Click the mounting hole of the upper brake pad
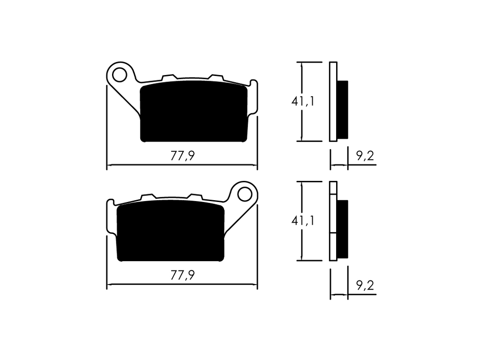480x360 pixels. click(x=120, y=75)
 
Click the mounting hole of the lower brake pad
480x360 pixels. click(x=245, y=194)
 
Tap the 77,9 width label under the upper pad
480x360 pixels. click(x=182, y=156)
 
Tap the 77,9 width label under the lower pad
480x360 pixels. click(x=182, y=276)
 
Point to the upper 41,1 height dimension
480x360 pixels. click(x=303, y=101)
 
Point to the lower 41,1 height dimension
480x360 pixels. click(x=303, y=221)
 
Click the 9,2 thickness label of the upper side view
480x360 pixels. click(x=365, y=156)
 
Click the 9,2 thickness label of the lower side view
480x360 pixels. click(x=365, y=285)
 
